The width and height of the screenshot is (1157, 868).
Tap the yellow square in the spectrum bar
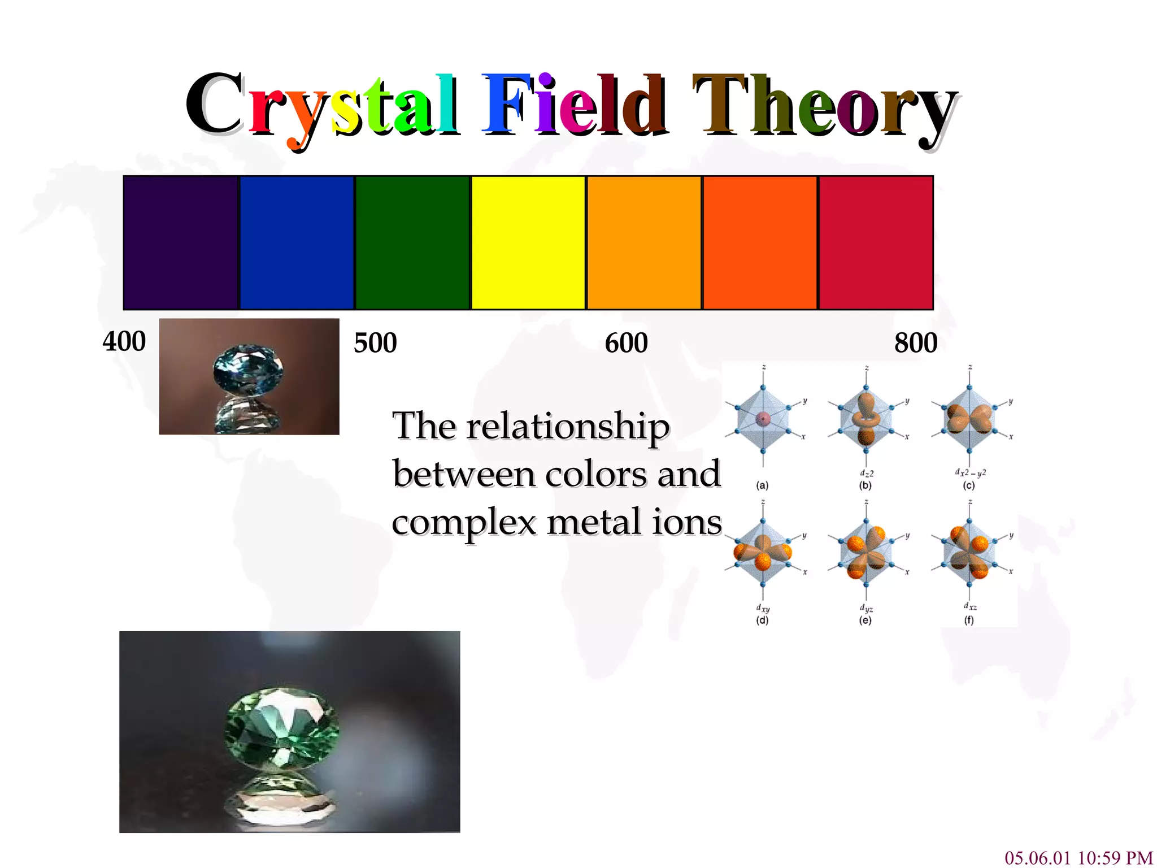pos(528,243)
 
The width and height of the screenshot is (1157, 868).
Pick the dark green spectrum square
pos(412,243)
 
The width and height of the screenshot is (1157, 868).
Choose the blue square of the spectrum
pos(297,243)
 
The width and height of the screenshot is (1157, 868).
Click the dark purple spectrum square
pos(181,243)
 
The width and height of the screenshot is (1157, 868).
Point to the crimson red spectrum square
pos(876,243)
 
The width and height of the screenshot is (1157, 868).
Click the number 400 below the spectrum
pos(124,342)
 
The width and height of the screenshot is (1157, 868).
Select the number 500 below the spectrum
pos(375,343)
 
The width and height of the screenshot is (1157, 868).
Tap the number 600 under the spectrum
pos(626,343)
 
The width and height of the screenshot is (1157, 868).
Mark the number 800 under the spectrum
pos(915,343)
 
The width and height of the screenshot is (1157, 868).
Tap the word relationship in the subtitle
pos(567,427)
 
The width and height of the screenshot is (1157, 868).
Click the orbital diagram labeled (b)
pos(865,421)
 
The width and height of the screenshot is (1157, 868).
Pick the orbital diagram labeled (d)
pos(763,551)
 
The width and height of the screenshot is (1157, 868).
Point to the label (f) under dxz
pos(969,620)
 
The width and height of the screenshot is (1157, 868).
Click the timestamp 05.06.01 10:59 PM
pos(1078,857)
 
